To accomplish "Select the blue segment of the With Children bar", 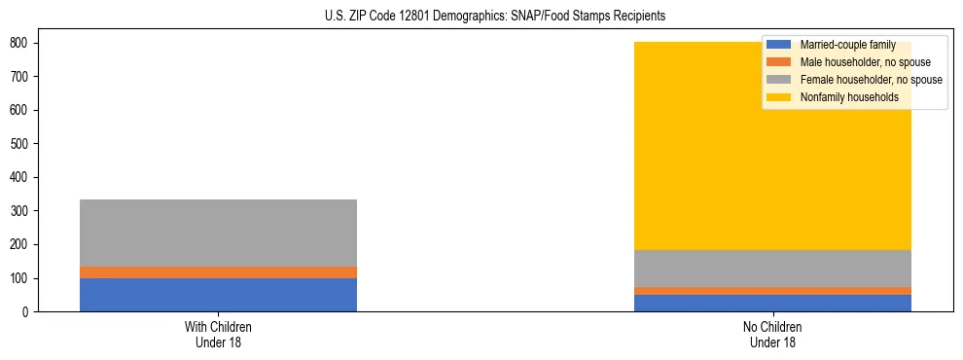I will tap(218, 295).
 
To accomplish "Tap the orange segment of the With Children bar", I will tap(218, 272).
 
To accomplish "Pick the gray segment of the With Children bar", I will tap(218, 234).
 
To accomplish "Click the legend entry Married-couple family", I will tap(847, 45).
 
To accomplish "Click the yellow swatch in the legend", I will tap(779, 97).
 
